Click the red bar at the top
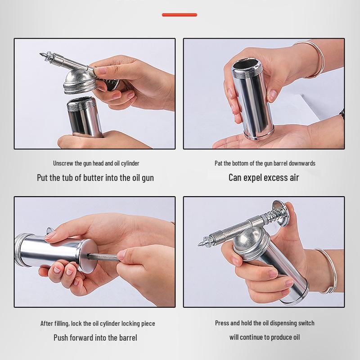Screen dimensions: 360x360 pyautogui.click(x=180, y=15)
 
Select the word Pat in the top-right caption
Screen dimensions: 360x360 pyautogui.click(x=219, y=163)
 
